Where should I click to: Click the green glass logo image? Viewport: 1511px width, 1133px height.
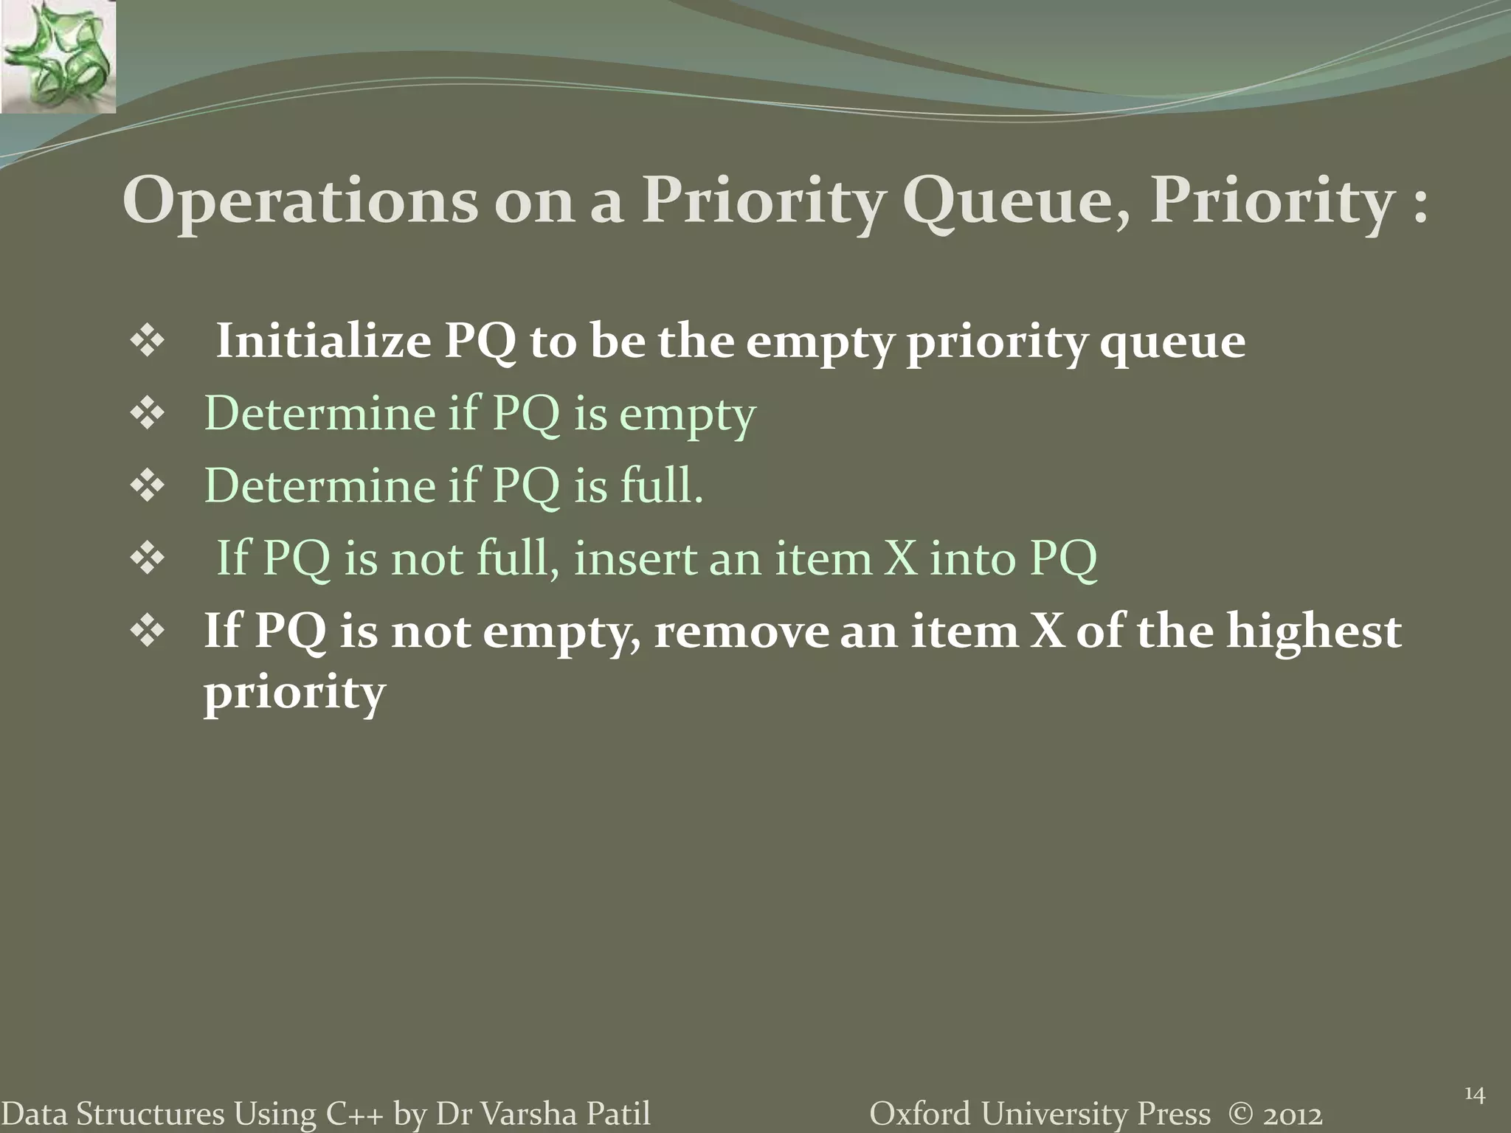point(58,57)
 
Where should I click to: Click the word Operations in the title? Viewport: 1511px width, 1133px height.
point(300,201)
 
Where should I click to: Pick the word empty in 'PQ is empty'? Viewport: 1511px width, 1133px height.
point(687,415)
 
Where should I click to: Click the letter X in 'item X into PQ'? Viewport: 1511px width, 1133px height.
point(899,558)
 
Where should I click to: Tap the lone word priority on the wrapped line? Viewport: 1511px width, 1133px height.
point(294,693)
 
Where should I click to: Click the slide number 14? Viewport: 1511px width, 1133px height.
point(1474,1094)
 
